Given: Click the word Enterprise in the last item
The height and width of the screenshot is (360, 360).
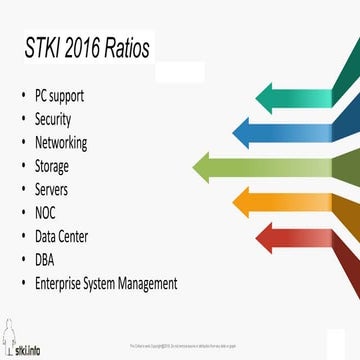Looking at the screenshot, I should pos(60,283).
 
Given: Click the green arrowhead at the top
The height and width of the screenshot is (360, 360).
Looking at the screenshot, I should pos(268,98).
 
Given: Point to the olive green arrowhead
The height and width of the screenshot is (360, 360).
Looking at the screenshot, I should pos(207,165).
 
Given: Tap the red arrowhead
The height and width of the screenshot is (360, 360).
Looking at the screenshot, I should pos(268,238).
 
